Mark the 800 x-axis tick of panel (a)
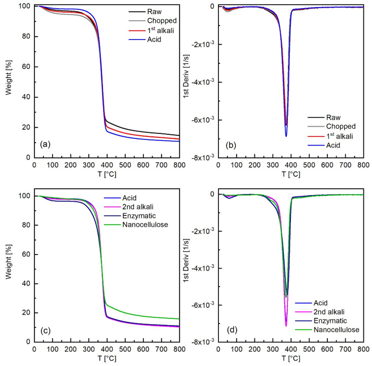(179, 165)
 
